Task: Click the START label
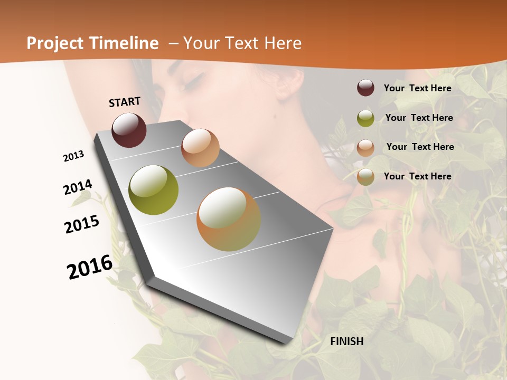(x=125, y=102)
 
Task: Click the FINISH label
(x=347, y=341)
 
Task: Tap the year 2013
(x=73, y=156)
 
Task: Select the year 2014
(x=78, y=187)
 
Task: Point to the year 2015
(x=82, y=224)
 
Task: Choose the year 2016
(x=90, y=267)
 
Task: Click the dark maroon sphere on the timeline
(x=129, y=130)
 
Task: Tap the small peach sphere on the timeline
(x=200, y=148)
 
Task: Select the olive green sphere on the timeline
(x=153, y=190)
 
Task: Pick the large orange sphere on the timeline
(x=229, y=219)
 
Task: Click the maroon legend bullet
(x=365, y=88)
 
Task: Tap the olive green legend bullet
(x=365, y=118)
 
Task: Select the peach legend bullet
(x=365, y=147)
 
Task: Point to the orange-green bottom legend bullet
(x=365, y=177)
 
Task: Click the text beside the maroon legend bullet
(x=417, y=88)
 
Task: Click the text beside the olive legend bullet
(x=419, y=118)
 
